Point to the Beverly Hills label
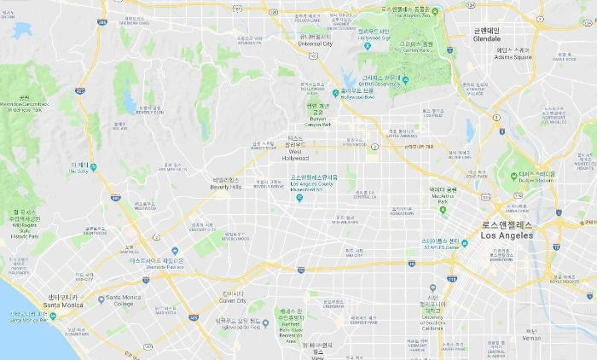pyautogui.click(x=226, y=186)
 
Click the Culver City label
pyautogui.click(x=232, y=300)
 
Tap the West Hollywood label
pyautogui.click(x=296, y=157)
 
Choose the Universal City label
pyautogui.click(x=316, y=43)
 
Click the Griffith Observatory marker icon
pyautogui.click(x=405, y=80)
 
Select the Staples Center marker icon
pyautogui.click(x=467, y=241)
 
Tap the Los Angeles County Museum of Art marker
pyautogui.click(x=298, y=198)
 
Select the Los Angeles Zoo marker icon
pyautogui.click(x=434, y=11)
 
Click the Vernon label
pyautogui.click(x=531, y=338)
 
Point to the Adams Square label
pyautogui.click(x=513, y=57)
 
